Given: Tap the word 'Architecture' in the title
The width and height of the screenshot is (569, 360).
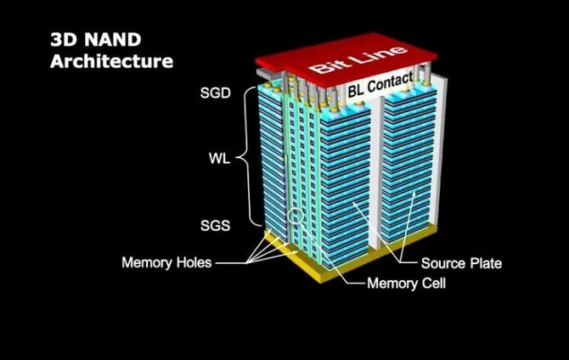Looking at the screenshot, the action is point(111,61).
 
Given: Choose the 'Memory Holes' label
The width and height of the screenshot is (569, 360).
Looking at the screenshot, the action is point(166,262).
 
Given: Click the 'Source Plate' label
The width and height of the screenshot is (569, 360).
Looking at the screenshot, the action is point(462,262).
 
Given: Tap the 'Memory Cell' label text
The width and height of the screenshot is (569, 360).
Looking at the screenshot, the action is point(406,283).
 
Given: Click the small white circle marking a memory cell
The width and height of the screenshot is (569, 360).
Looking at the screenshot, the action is point(294,217).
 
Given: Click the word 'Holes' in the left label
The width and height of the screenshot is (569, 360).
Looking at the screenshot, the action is point(193,262).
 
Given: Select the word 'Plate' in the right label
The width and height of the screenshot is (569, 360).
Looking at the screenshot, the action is point(484,262).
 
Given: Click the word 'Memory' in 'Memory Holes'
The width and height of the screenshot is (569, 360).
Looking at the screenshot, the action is point(147,262).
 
